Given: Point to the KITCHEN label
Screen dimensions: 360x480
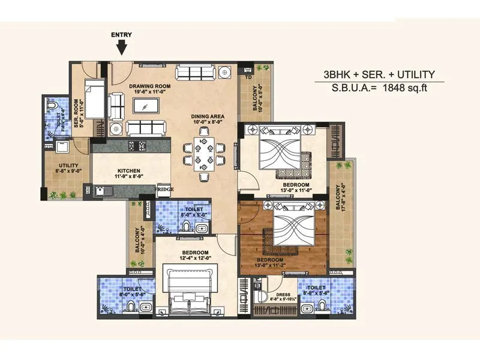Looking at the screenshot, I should [x=129, y=173].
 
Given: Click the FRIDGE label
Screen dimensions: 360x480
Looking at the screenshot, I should [x=164, y=190].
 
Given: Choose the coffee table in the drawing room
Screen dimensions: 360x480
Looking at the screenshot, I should [x=146, y=106].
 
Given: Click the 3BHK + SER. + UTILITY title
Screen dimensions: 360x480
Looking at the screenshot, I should [x=379, y=74].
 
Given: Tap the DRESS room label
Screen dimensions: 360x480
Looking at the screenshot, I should [x=277, y=296].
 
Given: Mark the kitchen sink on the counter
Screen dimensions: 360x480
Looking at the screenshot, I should [x=102, y=191].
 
